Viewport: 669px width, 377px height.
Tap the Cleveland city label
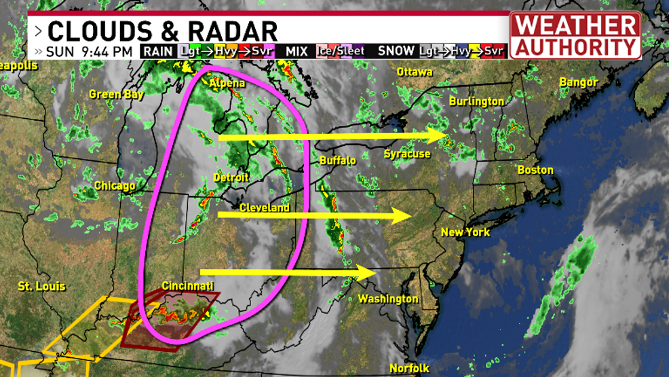(265, 207)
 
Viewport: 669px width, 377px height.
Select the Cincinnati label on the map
(188, 286)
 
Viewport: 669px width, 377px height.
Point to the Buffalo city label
(337, 161)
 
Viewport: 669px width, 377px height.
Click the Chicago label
(115, 185)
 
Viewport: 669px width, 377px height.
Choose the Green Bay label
(116, 94)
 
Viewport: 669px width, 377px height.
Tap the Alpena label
(228, 84)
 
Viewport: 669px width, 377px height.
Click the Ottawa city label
(414, 72)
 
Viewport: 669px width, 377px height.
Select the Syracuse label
(407, 154)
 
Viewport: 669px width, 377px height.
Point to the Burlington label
(476, 101)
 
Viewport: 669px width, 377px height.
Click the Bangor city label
(578, 82)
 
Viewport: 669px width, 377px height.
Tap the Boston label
(535, 170)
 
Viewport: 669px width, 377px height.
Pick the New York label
(465, 232)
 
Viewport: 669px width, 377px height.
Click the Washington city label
(388, 299)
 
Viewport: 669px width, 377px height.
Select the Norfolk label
(409, 367)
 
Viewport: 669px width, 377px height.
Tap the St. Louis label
(42, 286)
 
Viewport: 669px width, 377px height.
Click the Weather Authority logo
(575, 35)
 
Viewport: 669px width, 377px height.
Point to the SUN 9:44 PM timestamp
(90, 52)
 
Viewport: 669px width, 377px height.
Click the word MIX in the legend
(297, 52)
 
